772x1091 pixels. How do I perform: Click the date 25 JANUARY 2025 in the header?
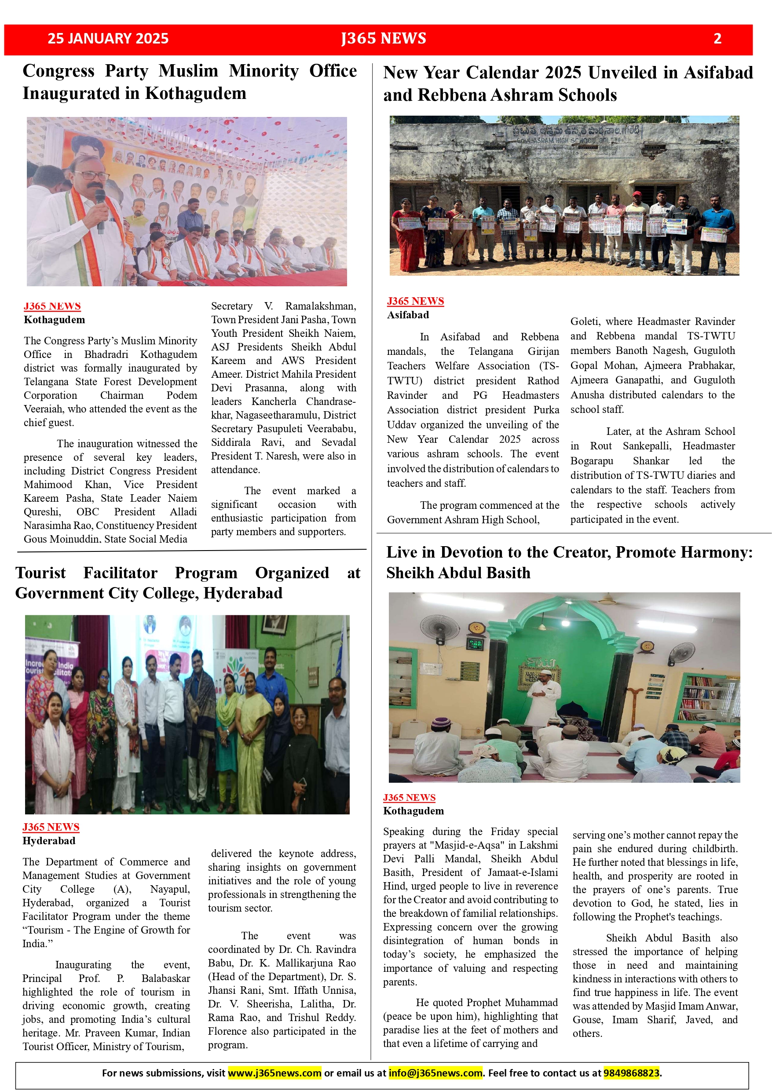point(108,39)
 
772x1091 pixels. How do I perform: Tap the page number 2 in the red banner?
point(717,39)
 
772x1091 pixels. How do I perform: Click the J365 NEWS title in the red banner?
point(384,39)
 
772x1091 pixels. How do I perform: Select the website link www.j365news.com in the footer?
point(274,1073)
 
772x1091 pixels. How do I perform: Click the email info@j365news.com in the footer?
point(435,1073)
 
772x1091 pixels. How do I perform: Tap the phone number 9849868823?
point(631,1073)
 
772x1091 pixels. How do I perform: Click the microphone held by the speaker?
point(100,209)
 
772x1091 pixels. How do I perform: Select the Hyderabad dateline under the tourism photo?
point(49,841)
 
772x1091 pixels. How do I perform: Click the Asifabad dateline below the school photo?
point(408,314)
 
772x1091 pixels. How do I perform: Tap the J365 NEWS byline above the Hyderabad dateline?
point(51,827)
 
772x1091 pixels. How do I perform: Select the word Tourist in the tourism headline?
point(41,573)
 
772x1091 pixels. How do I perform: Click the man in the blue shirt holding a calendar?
point(719,233)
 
